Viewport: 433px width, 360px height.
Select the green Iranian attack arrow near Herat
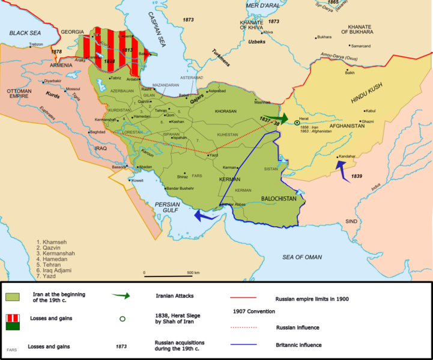(x=276, y=118)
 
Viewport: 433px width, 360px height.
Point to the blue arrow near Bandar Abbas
(x=203, y=215)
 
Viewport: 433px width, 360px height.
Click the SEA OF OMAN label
(x=303, y=257)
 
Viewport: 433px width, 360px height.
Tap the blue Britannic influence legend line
(x=243, y=345)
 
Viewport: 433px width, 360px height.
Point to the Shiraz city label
(x=181, y=177)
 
